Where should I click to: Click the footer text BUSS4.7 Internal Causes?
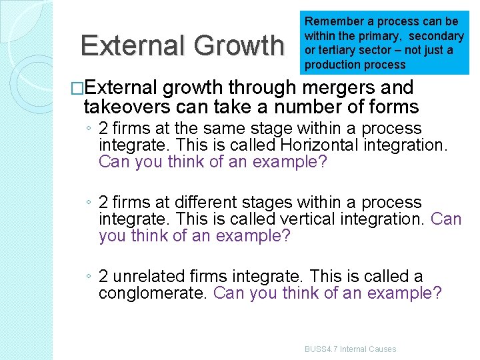coord(350,349)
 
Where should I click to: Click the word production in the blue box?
coord(331,65)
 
